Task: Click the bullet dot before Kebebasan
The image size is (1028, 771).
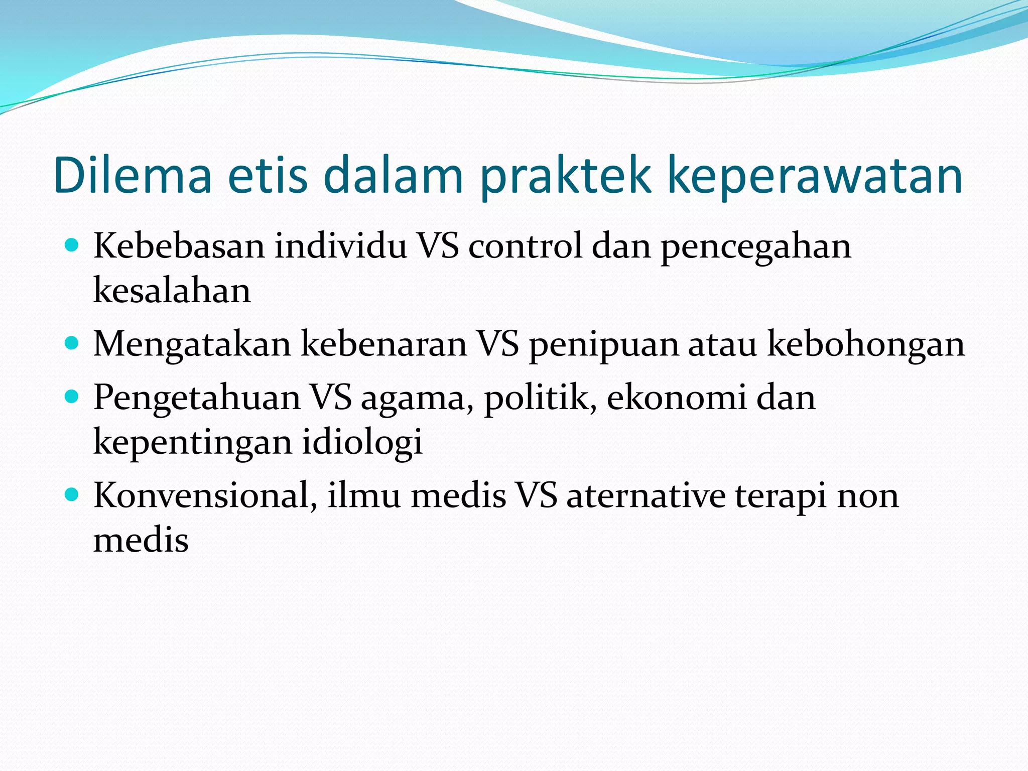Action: point(72,245)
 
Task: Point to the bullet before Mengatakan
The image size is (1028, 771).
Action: point(72,343)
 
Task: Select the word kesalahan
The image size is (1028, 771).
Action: point(172,291)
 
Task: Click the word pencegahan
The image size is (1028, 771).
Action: point(755,247)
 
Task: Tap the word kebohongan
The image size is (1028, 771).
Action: point(866,345)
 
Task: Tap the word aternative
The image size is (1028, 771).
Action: point(646,496)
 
